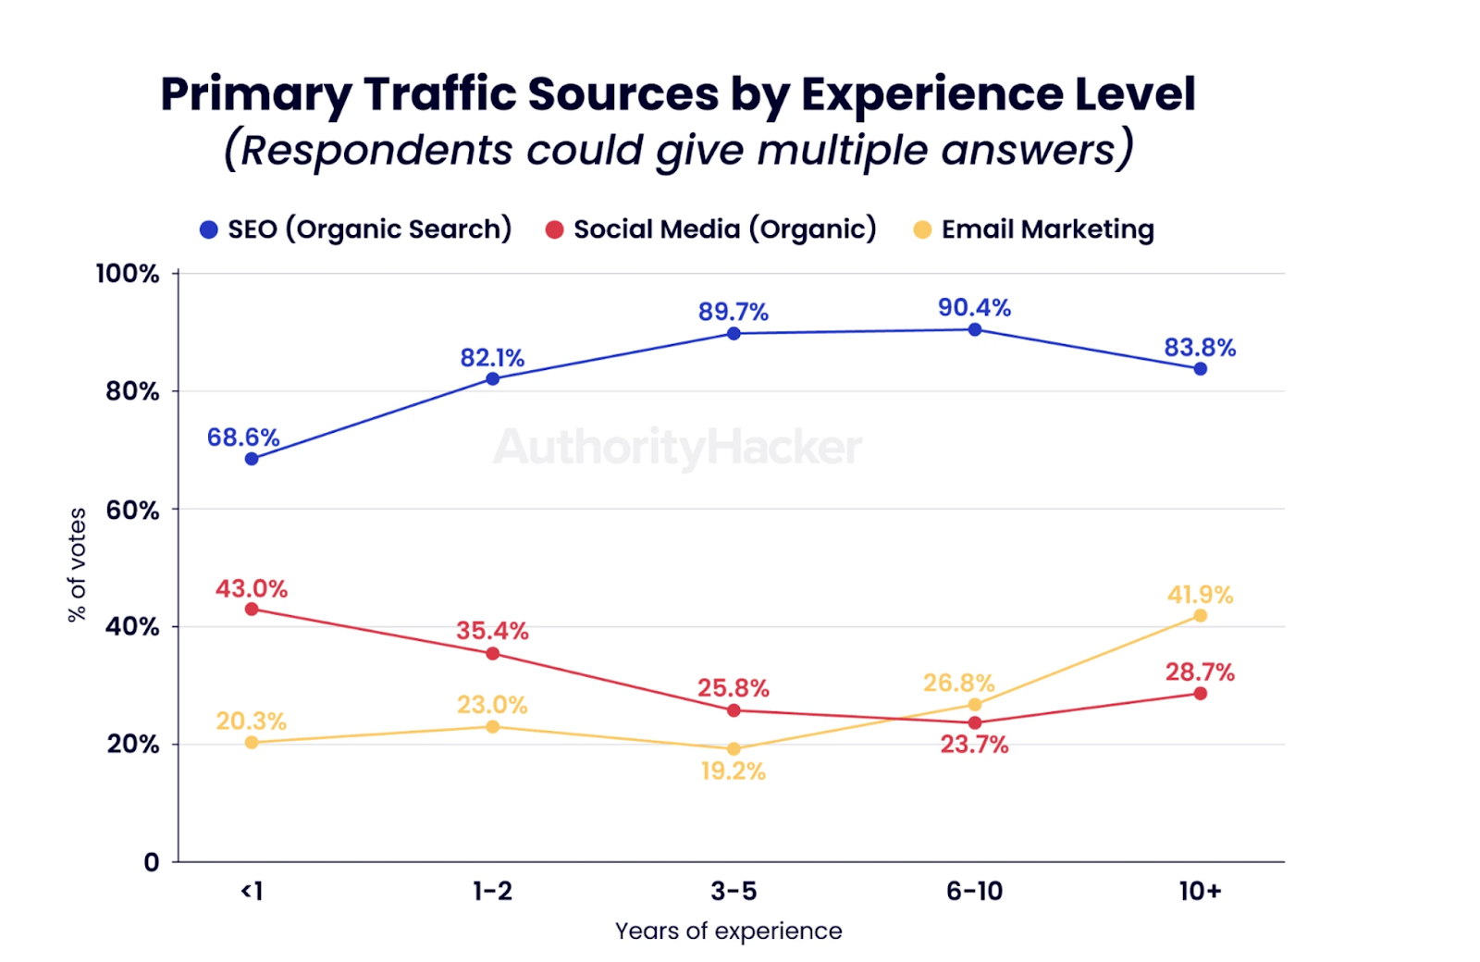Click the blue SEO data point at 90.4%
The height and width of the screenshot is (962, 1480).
tap(974, 329)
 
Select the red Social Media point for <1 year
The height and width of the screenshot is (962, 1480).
tap(252, 609)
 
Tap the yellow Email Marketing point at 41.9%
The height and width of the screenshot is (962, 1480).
tap(1200, 615)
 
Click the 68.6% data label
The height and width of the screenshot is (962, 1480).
tap(243, 437)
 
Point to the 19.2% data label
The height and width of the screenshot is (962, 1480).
tap(733, 771)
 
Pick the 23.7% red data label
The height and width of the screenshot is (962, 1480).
tap(974, 745)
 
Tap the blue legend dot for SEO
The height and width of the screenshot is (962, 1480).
tap(209, 229)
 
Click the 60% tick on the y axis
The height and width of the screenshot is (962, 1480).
tap(132, 510)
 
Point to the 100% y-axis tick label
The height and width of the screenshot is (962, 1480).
tap(128, 274)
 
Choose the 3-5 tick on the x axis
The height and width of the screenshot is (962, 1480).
tap(734, 891)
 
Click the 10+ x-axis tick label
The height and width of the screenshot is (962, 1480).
tap(1200, 891)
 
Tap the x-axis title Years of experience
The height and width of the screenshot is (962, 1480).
tap(729, 931)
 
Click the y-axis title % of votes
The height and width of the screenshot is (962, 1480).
tap(77, 564)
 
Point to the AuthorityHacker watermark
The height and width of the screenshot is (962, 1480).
tap(678, 448)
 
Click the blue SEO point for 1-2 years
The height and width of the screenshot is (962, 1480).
tap(492, 378)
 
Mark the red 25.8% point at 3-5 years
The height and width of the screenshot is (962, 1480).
tap(734, 710)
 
